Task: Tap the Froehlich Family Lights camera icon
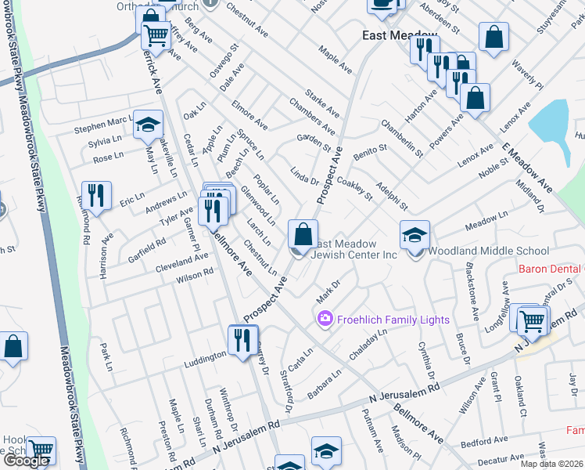(x=324, y=319)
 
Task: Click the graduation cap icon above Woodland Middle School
(x=415, y=233)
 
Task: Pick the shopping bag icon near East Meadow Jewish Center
(x=302, y=233)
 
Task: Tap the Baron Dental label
(x=551, y=269)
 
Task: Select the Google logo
(x=27, y=461)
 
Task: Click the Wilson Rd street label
(x=194, y=276)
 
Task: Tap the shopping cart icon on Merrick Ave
(x=156, y=34)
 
